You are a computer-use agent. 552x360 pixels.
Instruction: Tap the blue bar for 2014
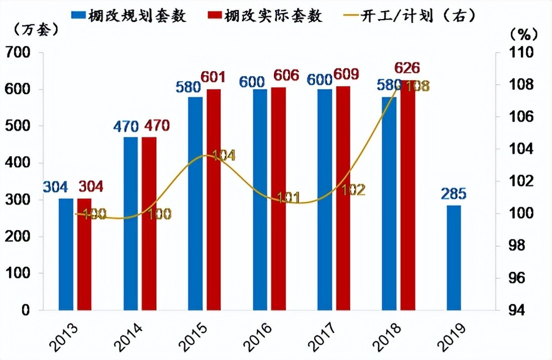coord(130,224)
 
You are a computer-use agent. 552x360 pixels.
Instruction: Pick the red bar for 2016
coord(279,199)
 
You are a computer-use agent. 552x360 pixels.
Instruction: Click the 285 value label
coord(454,194)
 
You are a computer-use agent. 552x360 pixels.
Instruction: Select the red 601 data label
coord(213,77)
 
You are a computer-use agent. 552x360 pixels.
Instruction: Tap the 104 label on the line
coord(222,155)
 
